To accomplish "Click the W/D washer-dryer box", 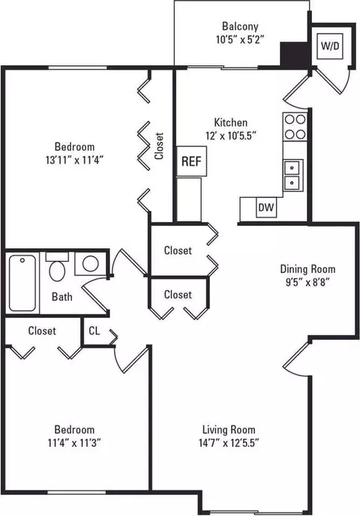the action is click(330, 46).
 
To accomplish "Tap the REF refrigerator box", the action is click(191, 161).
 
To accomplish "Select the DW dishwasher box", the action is click(266, 208).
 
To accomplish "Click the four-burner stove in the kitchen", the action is click(295, 126).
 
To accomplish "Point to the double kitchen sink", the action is click(292, 175).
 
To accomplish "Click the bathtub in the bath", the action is click(22, 283).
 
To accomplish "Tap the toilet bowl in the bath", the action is click(57, 271).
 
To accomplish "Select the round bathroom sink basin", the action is click(90, 263).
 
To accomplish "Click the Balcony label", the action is click(240, 26).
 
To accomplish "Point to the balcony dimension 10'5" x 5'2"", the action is click(240, 40).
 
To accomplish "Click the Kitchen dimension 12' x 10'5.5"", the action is click(231, 136).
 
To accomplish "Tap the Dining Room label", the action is click(307, 268).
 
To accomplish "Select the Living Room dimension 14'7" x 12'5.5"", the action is click(229, 443).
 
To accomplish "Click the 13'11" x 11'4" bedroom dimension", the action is click(75, 160).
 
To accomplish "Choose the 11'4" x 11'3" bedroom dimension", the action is click(74, 443).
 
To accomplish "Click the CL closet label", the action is click(94, 331).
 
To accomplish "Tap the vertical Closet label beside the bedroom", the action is click(159, 146).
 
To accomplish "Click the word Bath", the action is click(62, 297).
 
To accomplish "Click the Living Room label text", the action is click(229, 430).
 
